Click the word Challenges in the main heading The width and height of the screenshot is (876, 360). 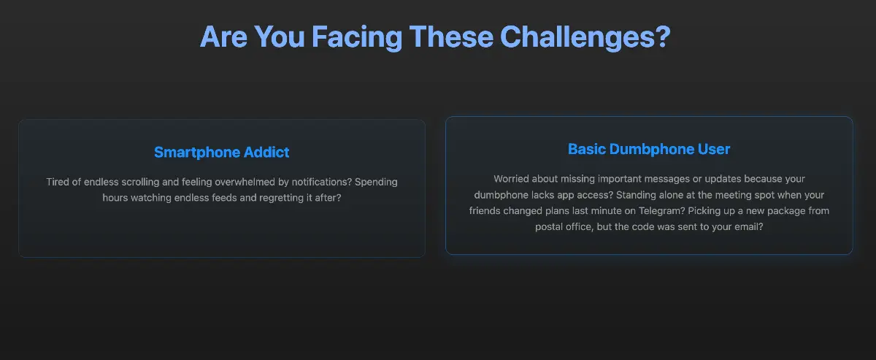[585, 37]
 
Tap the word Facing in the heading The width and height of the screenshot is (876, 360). [357, 37]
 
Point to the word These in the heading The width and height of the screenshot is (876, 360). [451, 37]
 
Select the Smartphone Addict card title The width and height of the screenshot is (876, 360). [222, 152]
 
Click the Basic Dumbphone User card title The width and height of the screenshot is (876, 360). [649, 149]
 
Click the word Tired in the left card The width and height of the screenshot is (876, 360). [58, 182]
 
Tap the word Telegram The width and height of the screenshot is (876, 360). [661, 211]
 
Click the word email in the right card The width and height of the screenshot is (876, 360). [748, 227]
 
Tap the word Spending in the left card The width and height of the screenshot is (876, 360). [376, 183]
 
